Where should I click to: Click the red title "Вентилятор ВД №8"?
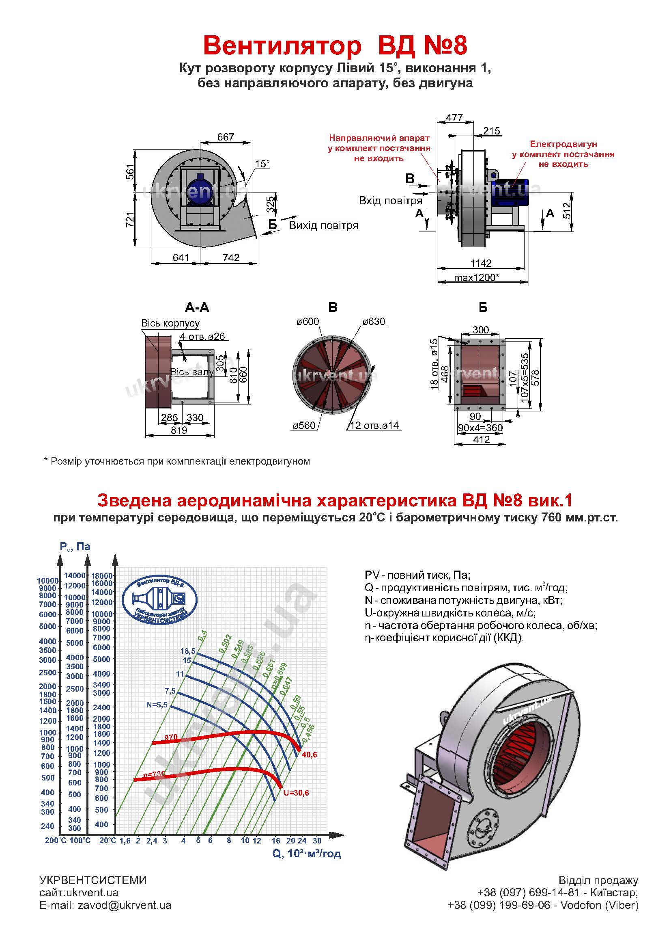click(x=335, y=45)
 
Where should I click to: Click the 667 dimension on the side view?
click(x=226, y=136)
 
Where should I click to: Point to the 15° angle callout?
click(x=262, y=164)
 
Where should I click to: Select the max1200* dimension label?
click(x=477, y=277)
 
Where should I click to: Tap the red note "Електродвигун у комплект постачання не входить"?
click(x=563, y=154)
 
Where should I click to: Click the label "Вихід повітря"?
click(x=323, y=225)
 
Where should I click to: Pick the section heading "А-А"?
click(x=197, y=307)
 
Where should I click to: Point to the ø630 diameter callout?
click(x=374, y=321)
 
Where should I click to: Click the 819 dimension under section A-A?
click(x=179, y=430)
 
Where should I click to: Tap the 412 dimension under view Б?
click(x=482, y=440)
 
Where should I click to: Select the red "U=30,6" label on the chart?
click(x=296, y=793)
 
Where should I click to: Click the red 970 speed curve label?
click(x=171, y=737)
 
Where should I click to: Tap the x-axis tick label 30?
click(x=317, y=841)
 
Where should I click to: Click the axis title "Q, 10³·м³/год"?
click(x=307, y=854)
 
